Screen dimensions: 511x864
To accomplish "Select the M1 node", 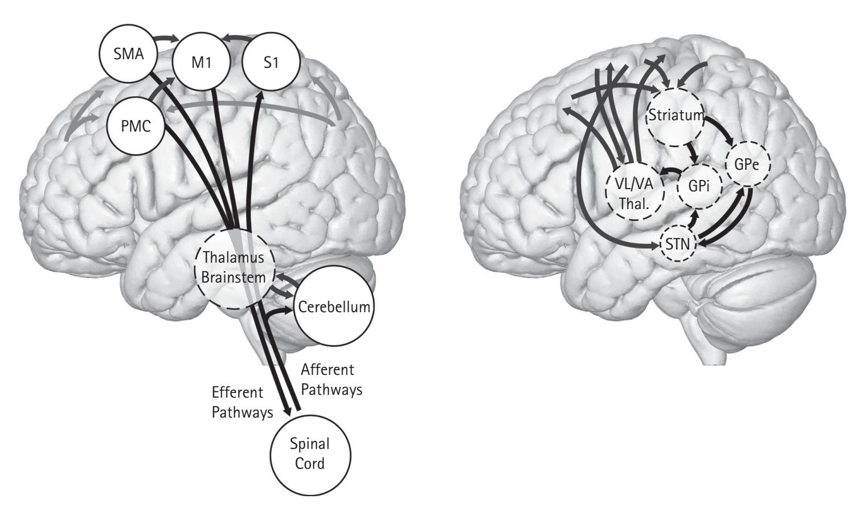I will (200, 62).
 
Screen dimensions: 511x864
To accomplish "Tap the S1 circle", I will (271, 62).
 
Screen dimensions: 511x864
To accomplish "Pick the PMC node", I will (137, 126).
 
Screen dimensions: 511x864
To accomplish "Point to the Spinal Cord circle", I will (310, 454).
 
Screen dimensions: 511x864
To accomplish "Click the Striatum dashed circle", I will (676, 117).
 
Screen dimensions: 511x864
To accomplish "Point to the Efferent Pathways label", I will (241, 403).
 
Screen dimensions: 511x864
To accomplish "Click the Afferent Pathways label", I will (331, 380).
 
